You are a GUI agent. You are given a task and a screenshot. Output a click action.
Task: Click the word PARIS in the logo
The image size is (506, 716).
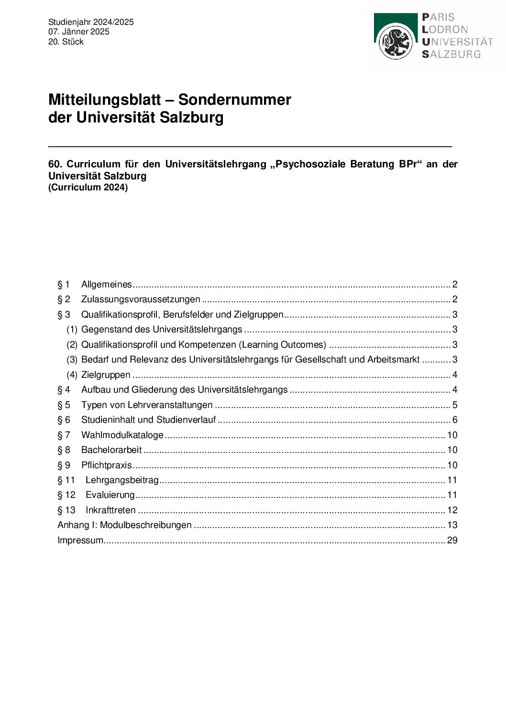click(x=438, y=17)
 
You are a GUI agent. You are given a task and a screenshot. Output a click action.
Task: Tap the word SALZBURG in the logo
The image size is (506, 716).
click(x=451, y=54)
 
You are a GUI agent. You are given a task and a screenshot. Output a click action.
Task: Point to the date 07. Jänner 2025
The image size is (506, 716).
click(x=78, y=32)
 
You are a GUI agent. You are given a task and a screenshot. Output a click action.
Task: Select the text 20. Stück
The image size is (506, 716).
click(x=66, y=42)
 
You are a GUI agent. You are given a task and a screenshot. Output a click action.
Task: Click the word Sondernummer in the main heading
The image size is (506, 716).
click(x=234, y=99)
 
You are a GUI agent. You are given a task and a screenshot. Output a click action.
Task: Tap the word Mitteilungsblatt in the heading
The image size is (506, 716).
click(x=104, y=99)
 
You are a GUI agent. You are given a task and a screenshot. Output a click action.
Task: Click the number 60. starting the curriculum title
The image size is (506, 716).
click(x=55, y=164)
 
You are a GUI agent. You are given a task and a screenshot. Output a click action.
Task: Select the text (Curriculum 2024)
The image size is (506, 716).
click(x=88, y=187)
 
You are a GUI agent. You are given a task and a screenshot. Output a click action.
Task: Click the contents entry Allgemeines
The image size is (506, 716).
click(x=106, y=285)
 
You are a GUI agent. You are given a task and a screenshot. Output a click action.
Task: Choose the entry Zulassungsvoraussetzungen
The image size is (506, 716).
click(x=141, y=299)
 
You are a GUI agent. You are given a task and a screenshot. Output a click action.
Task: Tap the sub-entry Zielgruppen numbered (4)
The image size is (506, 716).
click(x=106, y=375)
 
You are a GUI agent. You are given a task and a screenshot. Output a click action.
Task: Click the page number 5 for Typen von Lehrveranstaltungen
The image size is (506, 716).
click(x=455, y=405)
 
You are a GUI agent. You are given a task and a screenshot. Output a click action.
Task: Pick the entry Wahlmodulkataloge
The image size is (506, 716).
click(x=122, y=435)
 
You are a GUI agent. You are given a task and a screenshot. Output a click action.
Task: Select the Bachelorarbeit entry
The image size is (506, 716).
click(x=111, y=450)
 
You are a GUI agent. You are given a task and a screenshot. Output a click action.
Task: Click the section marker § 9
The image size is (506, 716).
click(x=64, y=465)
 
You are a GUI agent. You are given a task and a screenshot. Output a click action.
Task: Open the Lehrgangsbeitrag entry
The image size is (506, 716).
click(x=122, y=480)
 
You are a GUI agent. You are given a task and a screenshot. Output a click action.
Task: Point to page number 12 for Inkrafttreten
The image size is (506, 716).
click(x=452, y=510)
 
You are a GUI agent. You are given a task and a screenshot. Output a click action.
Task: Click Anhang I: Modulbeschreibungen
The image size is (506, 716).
click(x=124, y=525)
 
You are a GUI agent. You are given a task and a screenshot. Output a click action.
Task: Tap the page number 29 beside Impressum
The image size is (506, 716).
click(x=452, y=540)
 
